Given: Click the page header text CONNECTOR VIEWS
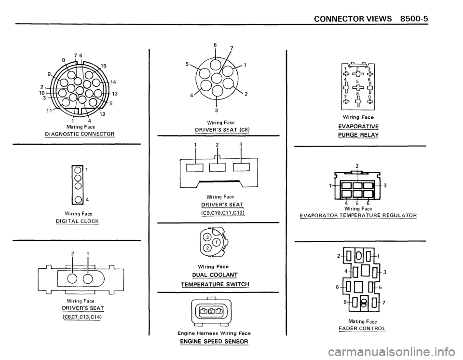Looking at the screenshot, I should pos(353,19).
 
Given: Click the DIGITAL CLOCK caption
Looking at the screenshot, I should pos(77,221).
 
